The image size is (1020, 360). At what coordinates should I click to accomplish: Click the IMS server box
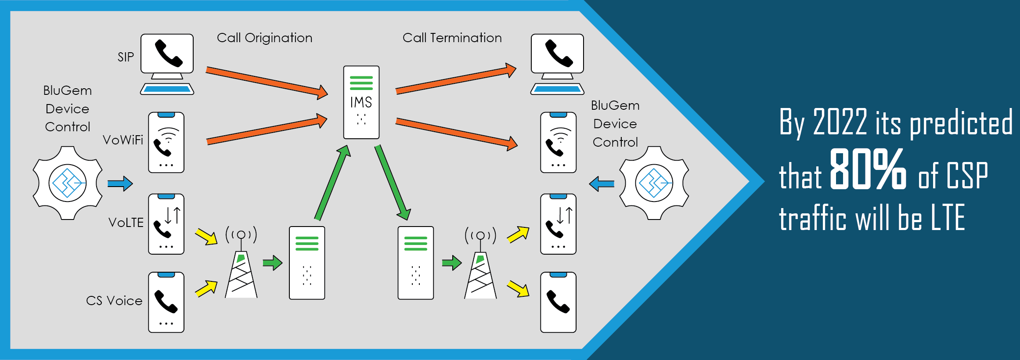pyautogui.click(x=361, y=102)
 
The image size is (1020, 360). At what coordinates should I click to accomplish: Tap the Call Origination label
pyautogui.click(x=264, y=38)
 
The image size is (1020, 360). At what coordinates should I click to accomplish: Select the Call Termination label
pyautogui.click(x=452, y=38)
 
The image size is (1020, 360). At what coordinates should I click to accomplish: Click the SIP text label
pyautogui.click(x=126, y=57)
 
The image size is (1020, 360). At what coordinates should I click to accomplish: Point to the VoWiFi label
pyautogui.click(x=123, y=140)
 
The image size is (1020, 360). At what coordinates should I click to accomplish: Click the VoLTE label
pyautogui.click(x=126, y=223)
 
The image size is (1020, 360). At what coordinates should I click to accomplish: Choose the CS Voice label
pyautogui.click(x=114, y=301)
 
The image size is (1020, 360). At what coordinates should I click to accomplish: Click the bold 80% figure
pyautogui.click(x=868, y=169)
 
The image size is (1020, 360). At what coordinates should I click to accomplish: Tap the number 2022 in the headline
pyautogui.click(x=840, y=122)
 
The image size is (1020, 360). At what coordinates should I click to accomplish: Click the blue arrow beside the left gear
pyautogui.click(x=120, y=183)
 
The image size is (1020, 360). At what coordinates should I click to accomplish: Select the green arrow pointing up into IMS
pyautogui.click(x=333, y=182)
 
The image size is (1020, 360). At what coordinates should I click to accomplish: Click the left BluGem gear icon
pyautogui.click(x=68, y=183)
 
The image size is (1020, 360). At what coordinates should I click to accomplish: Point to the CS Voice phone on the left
pyautogui.click(x=166, y=302)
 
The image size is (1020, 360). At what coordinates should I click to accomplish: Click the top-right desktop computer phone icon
pyautogui.click(x=557, y=64)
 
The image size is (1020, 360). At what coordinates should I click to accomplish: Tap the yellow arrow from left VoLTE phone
pyautogui.click(x=206, y=236)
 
